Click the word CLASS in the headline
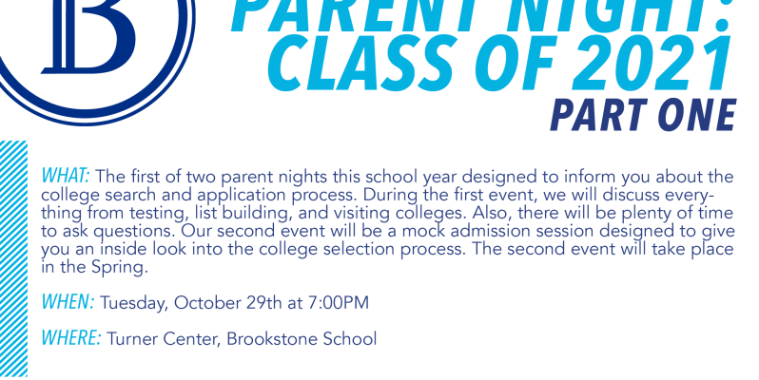(360, 64)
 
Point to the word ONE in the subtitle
(694, 115)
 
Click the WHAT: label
(66, 176)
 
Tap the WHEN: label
(68, 302)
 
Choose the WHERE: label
(71, 338)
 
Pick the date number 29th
(263, 303)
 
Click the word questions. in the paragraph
(134, 232)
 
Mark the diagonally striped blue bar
(13, 258)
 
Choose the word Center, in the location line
(192, 339)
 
